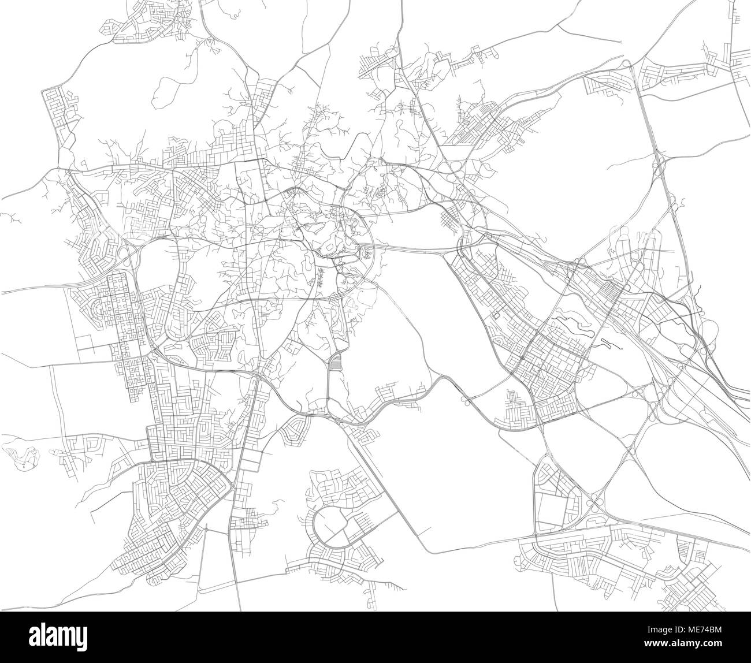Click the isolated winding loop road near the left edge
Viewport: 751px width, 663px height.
(20, 456)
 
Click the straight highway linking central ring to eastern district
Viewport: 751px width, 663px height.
(416, 249)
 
